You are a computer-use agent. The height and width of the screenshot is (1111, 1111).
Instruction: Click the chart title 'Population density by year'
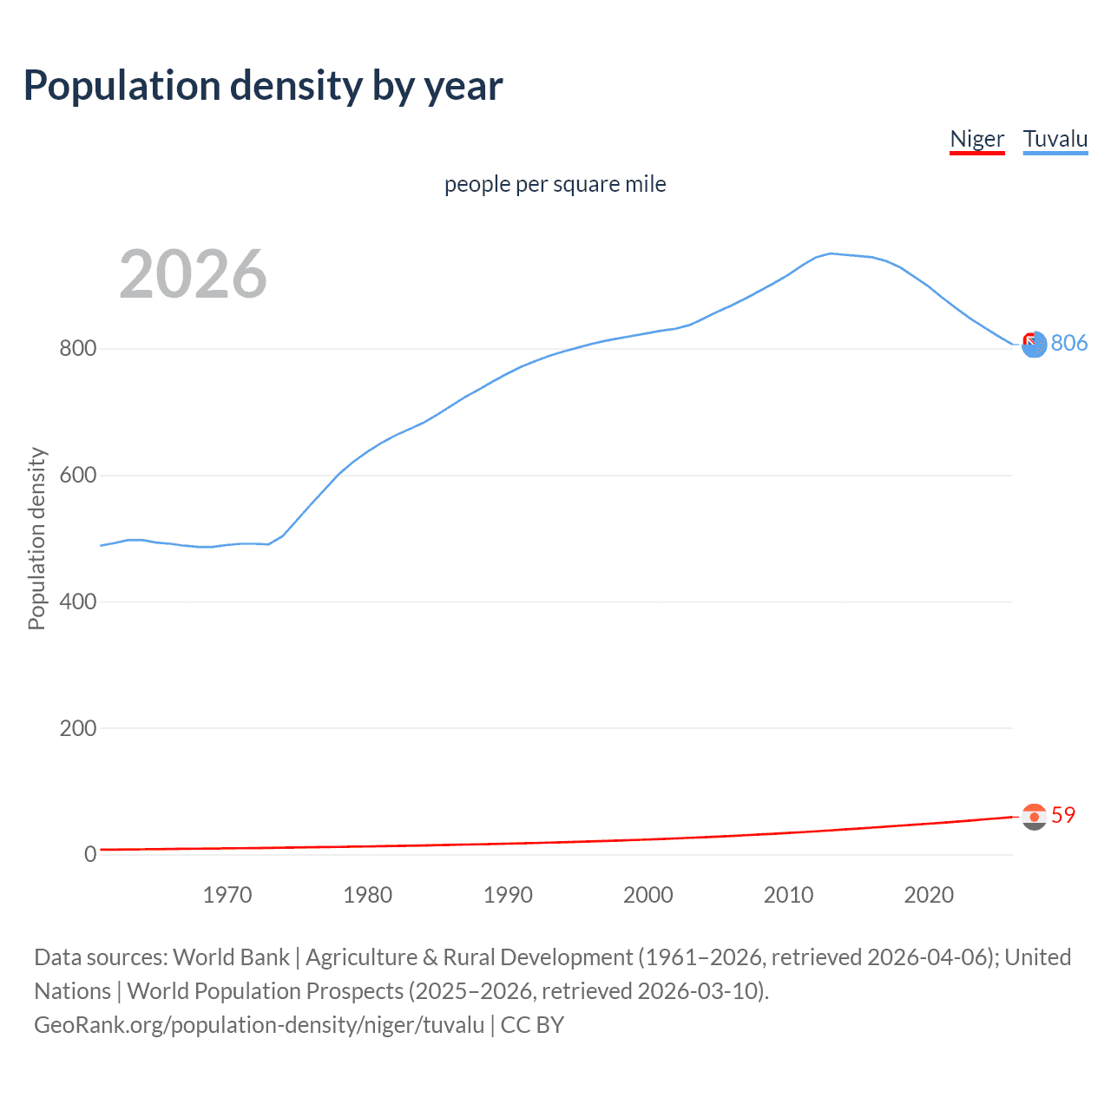click(x=263, y=85)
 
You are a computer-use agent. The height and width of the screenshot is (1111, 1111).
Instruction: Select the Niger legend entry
click(x=976, y=139)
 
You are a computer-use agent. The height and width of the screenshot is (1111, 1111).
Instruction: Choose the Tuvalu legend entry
click(x=1055, y=139)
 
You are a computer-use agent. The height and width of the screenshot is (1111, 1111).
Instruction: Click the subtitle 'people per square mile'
click(x=555, y=184)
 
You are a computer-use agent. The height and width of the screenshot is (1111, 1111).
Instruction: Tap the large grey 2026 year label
click(x=193, y=274)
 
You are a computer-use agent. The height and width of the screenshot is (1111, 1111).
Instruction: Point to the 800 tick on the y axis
click(x=77, y=349)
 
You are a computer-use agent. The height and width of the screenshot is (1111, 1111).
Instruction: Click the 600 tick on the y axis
click(x=77, y=476)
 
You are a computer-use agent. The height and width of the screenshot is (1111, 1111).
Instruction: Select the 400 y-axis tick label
click(x=77, y=602)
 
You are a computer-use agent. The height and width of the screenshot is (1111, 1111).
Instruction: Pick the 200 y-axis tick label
click(x=77, y=728)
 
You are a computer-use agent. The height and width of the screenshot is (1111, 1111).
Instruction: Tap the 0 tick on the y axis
click(x=89, y=854)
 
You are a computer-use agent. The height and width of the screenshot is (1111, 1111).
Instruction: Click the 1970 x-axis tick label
click(x=227, y=895)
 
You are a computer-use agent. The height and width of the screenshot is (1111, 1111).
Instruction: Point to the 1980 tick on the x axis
click(x=367, y=895)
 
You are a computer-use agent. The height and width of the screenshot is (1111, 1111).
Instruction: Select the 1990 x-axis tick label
click(x=508, y=895)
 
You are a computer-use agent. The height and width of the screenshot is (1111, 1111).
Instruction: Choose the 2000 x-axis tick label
click(x=648, y=895)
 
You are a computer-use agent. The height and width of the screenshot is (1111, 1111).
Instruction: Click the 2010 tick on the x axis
click(x=788, y=895)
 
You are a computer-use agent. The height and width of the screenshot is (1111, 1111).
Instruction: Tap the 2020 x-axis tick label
click(x=929, y=895)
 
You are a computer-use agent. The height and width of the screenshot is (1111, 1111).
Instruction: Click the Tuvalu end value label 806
click(x=1068, y=343)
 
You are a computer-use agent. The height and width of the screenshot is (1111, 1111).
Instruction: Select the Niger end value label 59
click(x=1062, y=815)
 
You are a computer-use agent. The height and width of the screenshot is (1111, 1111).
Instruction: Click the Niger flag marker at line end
click(x=1034, y=817)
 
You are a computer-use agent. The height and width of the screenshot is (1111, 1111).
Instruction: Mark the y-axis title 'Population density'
click(x=36, y=538)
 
